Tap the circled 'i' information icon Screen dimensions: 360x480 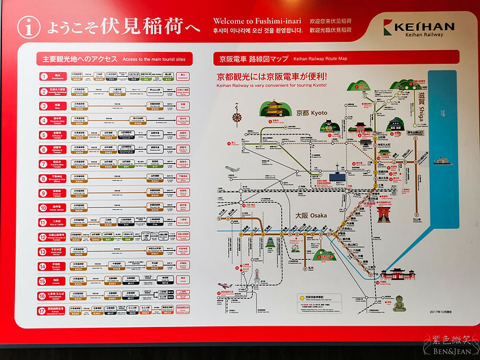[28, 27]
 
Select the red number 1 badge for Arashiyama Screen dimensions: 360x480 [43, 77]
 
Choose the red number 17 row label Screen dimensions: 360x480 [43, 310]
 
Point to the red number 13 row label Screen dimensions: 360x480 [43, 251]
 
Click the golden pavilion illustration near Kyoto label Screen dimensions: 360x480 [276, 109]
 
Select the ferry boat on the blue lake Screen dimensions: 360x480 [440, 162]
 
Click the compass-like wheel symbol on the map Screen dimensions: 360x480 [238, 117]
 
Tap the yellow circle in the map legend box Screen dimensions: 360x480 [301, 298]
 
